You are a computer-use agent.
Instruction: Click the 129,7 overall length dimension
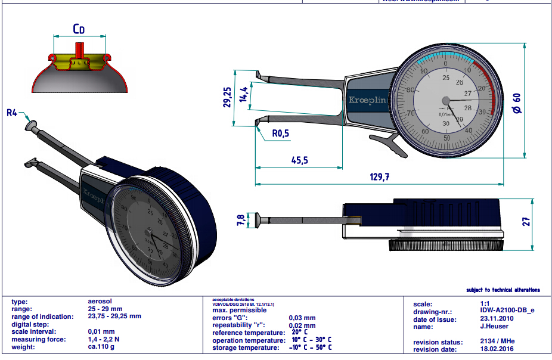[379, 177]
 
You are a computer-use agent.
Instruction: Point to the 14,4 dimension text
[243, 95]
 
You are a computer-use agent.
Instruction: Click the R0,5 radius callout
[280, 134]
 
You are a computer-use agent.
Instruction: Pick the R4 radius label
[13, 112]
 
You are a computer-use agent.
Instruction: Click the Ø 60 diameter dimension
[516, 104]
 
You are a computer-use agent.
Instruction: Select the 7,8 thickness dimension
[241, 220]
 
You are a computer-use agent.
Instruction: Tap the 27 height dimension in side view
[525, 222]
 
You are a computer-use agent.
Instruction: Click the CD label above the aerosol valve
[79, 29]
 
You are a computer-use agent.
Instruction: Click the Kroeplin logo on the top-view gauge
[367, 101]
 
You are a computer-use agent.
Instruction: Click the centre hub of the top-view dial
[445, 101]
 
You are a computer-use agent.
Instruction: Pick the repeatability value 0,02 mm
[302, 325]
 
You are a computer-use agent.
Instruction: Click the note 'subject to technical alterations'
[503, 290]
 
